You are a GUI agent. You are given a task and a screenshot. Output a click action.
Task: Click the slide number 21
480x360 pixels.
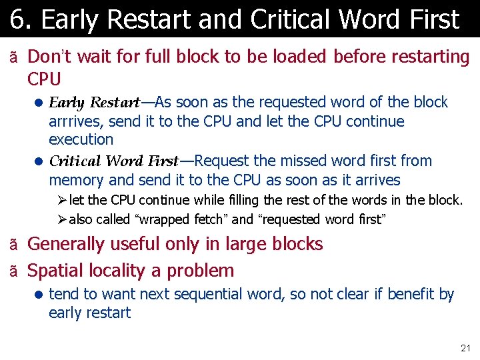tap(465, 348)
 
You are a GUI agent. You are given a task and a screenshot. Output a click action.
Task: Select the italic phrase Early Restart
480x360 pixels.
tap(94, 103)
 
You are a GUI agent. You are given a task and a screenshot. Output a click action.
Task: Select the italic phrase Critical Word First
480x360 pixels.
tap(113, 161)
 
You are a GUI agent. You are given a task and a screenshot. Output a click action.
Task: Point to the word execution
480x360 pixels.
tap(81, 139)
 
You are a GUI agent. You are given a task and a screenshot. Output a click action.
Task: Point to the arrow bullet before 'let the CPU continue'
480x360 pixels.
tap(62, 200)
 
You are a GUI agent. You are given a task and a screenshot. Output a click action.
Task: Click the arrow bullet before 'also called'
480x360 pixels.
tap(62, 219)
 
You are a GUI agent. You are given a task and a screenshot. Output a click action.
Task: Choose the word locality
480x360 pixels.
tap(121, 271)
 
